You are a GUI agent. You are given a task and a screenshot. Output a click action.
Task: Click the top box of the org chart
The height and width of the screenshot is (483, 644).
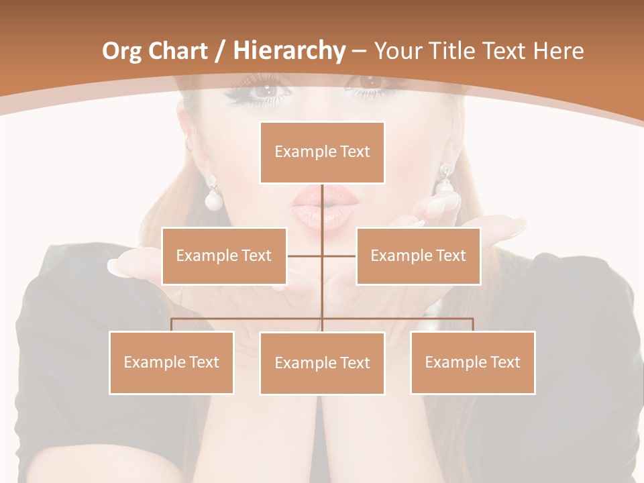click(322, 152)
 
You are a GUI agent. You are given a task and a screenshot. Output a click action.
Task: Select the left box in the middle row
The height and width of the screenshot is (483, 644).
click(224, 256)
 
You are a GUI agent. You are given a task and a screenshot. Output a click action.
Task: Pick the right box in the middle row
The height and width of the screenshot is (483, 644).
click(418, 256)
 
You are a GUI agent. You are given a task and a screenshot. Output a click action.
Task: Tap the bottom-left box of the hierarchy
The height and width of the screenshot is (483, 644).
click(172, 362)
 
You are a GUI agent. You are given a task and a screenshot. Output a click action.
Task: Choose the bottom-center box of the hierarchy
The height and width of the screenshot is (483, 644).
click(322, 363)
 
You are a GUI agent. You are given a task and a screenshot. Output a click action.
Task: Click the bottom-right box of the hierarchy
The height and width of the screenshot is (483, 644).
click(472, 362)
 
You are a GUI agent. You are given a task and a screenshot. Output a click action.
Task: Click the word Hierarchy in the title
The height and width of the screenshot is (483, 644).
click(288, 50)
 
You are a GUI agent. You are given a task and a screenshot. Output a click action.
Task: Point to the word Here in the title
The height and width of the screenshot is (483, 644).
click(558, 51)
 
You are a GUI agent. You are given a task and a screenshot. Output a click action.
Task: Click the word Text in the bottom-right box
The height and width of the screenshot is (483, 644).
click(505, 362)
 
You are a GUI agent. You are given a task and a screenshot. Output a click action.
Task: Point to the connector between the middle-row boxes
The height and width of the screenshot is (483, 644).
click(322, 256)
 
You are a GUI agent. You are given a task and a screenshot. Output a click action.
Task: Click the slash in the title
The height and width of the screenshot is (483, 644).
click(219, 51)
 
